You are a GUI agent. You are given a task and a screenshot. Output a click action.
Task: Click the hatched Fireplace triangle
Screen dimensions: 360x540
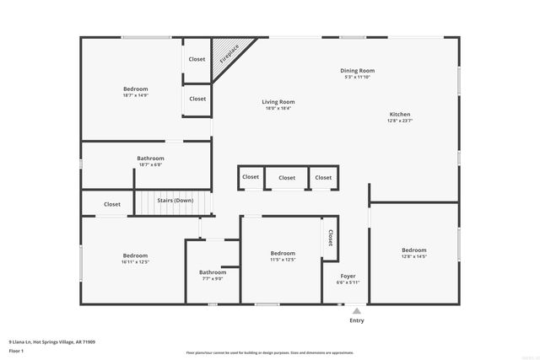[x=225, y=53]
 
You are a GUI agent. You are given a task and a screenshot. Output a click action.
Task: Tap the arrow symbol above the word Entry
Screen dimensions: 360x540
[x=357, y=311]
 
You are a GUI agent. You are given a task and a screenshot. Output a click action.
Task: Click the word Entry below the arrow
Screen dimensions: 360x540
[x=357, y=320]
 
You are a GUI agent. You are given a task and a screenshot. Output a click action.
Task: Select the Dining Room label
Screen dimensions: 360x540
[x=357, y=71]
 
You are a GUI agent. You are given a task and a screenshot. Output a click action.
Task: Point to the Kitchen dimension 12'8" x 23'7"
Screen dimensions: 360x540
[x=399, y=121]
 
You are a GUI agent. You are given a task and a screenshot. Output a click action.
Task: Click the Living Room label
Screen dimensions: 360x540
[x=278, y=102]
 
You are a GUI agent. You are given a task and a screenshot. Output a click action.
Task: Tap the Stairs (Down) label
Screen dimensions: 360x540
[x=175, y=201]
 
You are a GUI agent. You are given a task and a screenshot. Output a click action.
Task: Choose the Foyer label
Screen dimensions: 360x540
[x=348, y=276]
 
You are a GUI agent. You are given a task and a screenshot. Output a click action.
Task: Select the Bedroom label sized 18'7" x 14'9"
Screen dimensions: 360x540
[x=136, y=89]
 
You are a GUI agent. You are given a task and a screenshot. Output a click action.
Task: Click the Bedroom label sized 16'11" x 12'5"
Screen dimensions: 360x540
[x=135, y=255]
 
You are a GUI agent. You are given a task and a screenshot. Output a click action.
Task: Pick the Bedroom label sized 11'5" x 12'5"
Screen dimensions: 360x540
[x=283, y=253]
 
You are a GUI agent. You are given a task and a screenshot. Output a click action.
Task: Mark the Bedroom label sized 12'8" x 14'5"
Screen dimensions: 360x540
[x=413, y=250]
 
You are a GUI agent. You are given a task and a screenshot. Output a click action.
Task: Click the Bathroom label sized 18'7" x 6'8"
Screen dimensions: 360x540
[x=150, y=158]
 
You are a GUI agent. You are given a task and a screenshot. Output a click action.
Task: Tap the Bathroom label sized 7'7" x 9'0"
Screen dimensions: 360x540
[x=213, y=272]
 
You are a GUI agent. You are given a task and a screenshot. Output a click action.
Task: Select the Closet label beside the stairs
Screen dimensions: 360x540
[x=112, y=204]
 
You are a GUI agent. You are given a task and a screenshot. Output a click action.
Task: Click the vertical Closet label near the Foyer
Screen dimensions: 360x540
[x=330, y=238]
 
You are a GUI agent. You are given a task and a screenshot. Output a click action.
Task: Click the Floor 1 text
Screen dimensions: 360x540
[x=16, y=350]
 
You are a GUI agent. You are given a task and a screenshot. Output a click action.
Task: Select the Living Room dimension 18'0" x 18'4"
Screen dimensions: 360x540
[x=278, y=108]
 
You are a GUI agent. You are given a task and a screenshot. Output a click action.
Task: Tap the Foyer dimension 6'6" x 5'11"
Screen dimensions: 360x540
[x=348, y=282]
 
